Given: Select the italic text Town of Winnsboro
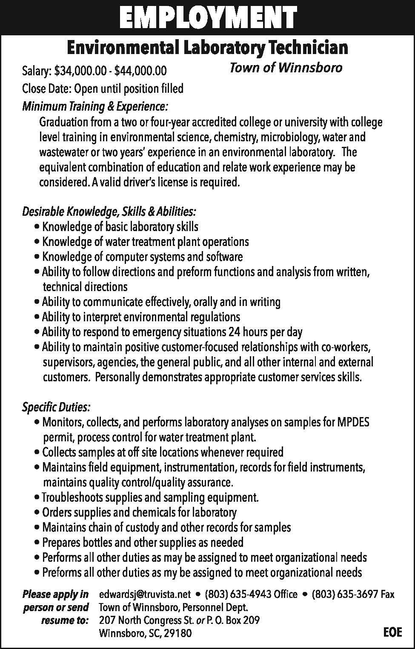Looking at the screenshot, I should pyautogui.click(x=286, y=68).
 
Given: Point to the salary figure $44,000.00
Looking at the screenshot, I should pyautogui.click(x=140, y=70).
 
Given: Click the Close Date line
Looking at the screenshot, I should pyautogui.click(x=103, y=89).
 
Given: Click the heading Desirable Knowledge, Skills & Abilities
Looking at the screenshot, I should pyautogui.click(x=109, y=211).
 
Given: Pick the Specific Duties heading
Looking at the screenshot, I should pyautogui.click(x=56, y=407).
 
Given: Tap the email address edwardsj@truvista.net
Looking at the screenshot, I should pyautogui.click(x=145, y=594).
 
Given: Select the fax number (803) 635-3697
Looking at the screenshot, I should pyautogui.click(x=344, y=594).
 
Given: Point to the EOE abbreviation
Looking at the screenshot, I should pyautogui.click(x=392, y=632).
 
